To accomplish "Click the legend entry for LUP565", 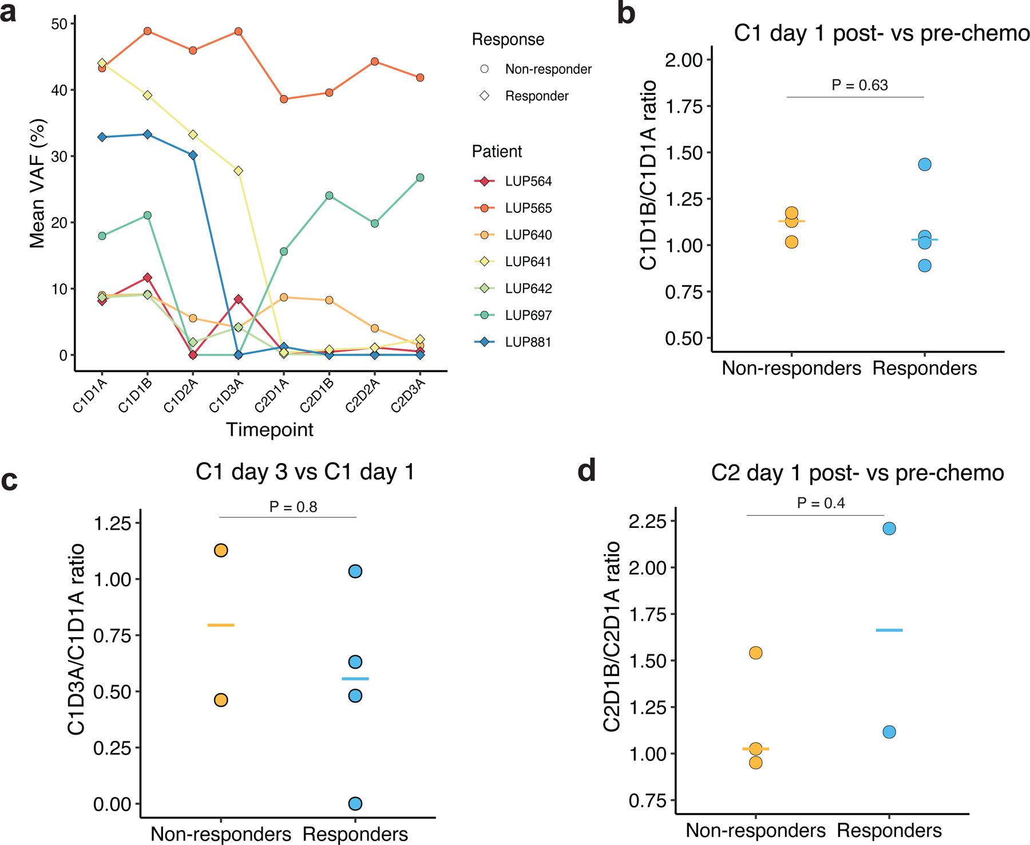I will point(528,208).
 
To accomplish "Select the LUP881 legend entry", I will point(528,342).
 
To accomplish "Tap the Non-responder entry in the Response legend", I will point(548,69).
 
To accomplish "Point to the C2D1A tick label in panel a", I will point(272,396).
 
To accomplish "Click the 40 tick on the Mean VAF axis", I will point(59,90).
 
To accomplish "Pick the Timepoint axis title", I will point(270,429).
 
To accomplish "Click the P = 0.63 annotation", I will point(859,85).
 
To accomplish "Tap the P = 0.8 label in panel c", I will point(293,507).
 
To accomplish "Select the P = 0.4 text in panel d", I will point(821,503).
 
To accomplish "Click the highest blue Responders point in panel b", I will point(925,164).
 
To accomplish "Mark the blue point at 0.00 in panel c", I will point(355,804).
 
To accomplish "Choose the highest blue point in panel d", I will point(889,528).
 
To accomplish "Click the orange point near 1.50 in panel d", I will point(755,653).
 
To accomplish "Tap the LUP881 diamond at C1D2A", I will point(193,155).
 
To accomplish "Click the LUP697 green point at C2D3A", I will point(420,177).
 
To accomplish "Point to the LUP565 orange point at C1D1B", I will point(148,31).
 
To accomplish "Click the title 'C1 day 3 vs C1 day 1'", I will point(304,472).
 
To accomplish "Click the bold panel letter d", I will point(587,471).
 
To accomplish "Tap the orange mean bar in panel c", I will point(221,625).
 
